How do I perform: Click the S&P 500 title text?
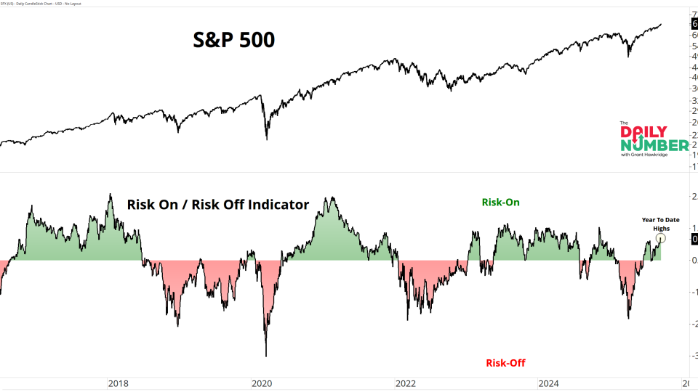tap(233, 40)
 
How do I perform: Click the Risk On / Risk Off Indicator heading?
tap(218, 205)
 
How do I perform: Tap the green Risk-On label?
tap(500, 203)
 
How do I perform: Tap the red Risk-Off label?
tap(505, 362)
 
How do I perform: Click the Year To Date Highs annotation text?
tap(660, 224)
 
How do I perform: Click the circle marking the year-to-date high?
tap(661, 237)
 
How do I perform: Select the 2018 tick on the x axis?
tap(118, 383)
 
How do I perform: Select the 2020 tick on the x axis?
tap(261, 383)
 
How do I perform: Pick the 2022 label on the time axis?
tap(405, 383)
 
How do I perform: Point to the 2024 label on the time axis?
tap(549, 383)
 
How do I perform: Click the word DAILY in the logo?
tap(643, 132)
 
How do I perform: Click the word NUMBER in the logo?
tap(654, 145)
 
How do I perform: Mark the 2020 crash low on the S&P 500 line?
tap(266, 139)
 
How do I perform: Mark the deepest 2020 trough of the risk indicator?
tap(265, 356)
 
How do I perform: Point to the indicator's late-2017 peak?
tap(110, 195)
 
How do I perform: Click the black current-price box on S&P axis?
tap(694, 24)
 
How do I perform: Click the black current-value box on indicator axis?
tap(694, 239)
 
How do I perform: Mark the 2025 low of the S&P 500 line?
tap(628, 56)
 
